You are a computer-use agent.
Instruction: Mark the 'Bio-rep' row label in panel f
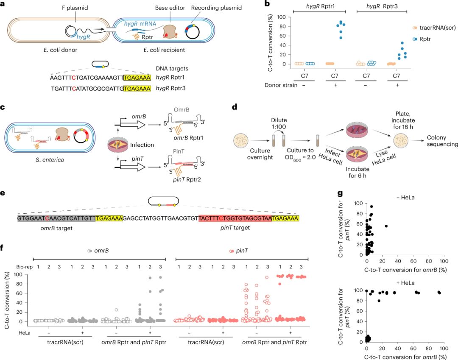(x=21, y=266)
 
